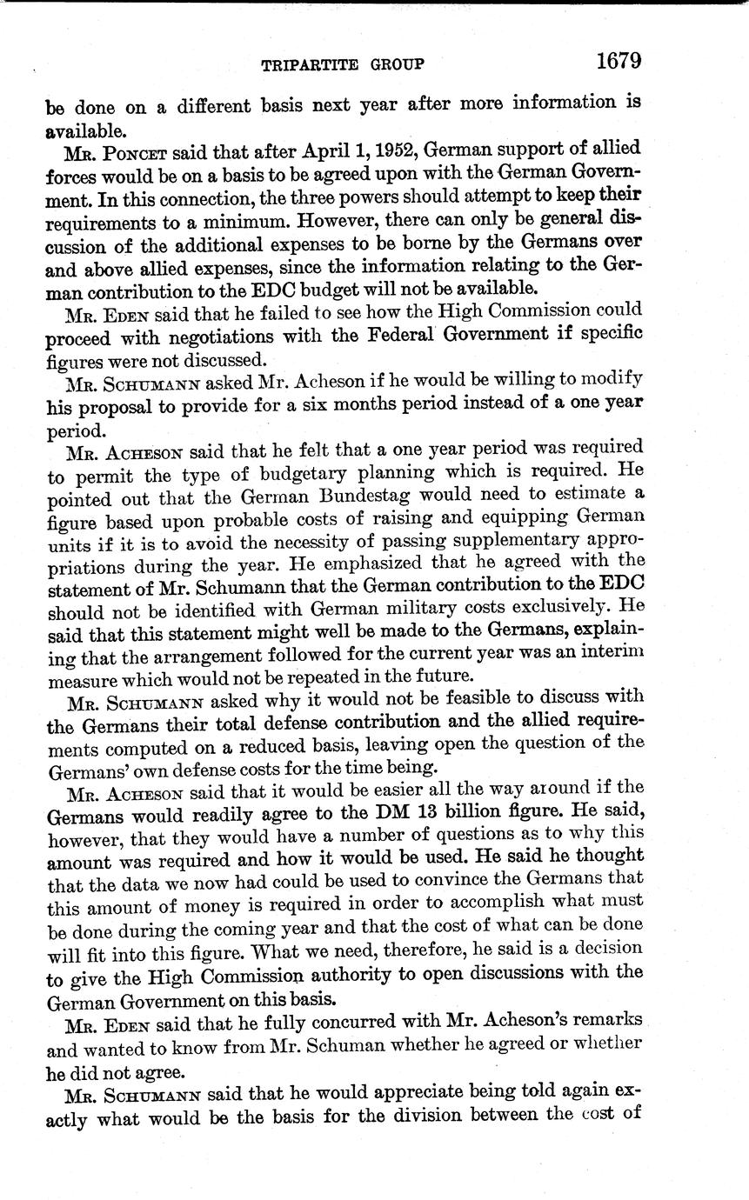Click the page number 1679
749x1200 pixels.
(x=619, y=61)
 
